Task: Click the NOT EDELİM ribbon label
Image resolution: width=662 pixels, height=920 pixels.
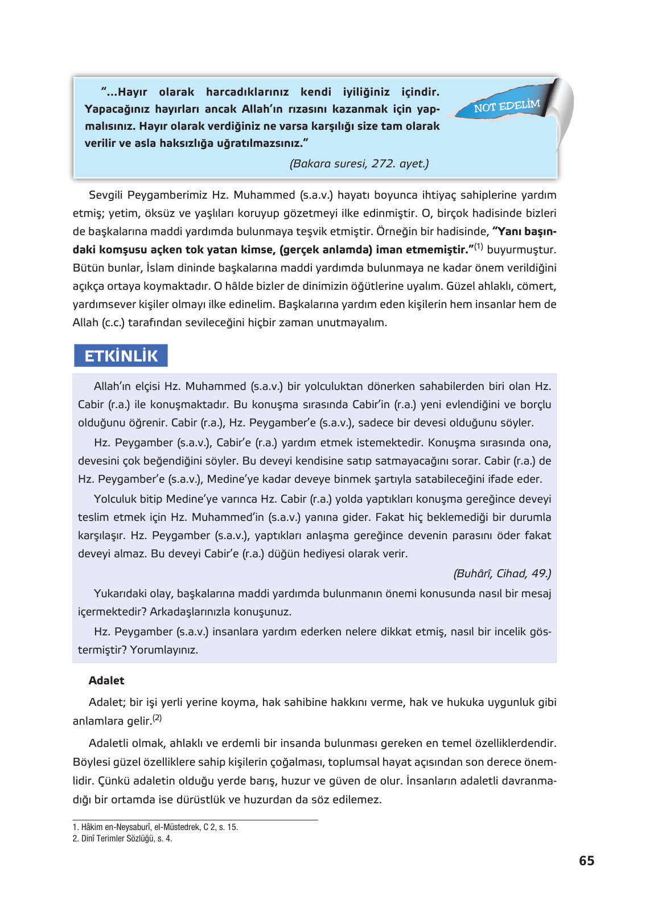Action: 507,106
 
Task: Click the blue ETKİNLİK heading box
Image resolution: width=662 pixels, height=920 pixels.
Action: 121,356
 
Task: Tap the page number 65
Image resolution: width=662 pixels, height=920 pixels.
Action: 586,861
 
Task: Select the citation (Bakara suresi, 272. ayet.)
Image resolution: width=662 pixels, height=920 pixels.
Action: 359,164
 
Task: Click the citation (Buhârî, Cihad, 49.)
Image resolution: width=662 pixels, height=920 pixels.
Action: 502,573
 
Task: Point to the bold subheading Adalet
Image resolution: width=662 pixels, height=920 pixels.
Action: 106,680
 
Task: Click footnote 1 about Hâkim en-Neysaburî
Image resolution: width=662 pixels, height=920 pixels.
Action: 155,827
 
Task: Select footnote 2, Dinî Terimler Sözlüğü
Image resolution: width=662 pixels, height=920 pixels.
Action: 122,839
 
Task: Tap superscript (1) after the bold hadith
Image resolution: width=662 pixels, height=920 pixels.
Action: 479,247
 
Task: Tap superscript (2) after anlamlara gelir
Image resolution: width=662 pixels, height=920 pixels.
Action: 157,718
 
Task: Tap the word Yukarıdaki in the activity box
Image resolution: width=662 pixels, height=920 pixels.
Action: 121,594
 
